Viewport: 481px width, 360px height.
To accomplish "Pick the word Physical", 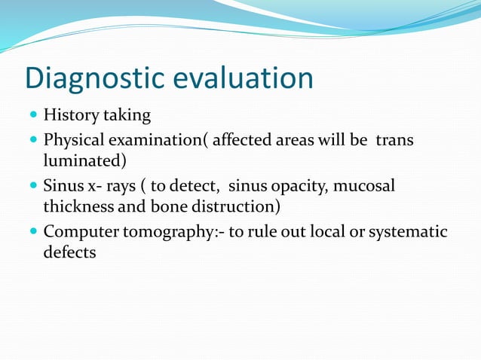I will coord(74,141).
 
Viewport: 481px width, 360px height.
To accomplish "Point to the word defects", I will coord(69,252).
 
